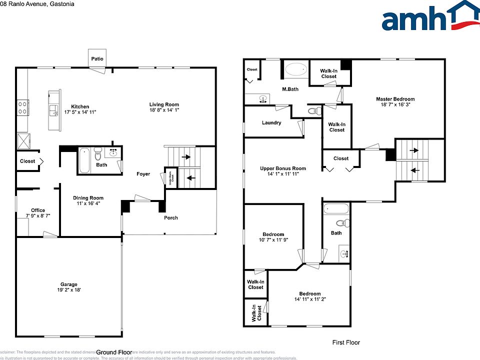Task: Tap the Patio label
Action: (97, 59)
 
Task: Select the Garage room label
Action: (69, 284)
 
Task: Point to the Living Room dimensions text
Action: (164, 110)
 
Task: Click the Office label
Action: (38, 210)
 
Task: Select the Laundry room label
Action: (271, 122)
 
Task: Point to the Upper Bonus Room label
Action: (283, 168)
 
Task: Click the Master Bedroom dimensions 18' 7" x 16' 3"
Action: (395, 105)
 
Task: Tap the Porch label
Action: (171, 217)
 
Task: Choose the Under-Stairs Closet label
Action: (171, 178)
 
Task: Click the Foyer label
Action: (143, 174)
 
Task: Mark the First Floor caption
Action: (346, 342)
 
